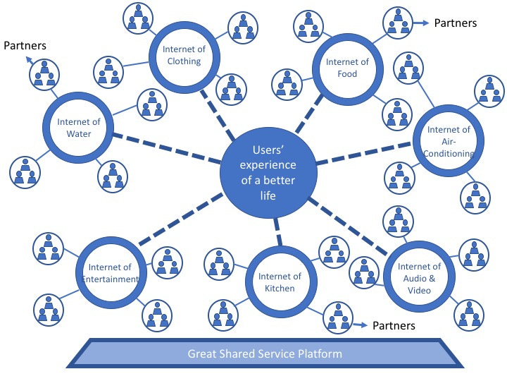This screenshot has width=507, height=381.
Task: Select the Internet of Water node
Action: pyautogui.click(x=79, y=127)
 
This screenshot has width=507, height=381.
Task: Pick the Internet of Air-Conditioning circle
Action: pyautogui.click(x=449, y=141)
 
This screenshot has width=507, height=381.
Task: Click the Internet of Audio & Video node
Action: pyautogui.click(x=419, y=277)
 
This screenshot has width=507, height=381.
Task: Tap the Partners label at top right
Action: pyautogui.click(x=455, y=23)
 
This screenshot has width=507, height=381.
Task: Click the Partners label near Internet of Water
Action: pyautogui.click(x=25, y=46)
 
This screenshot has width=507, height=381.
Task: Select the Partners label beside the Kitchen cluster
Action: pyautogui.click(x=394, y=326)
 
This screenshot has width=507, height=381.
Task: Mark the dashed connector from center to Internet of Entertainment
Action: pyautogui.click(x=185, y=224)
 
